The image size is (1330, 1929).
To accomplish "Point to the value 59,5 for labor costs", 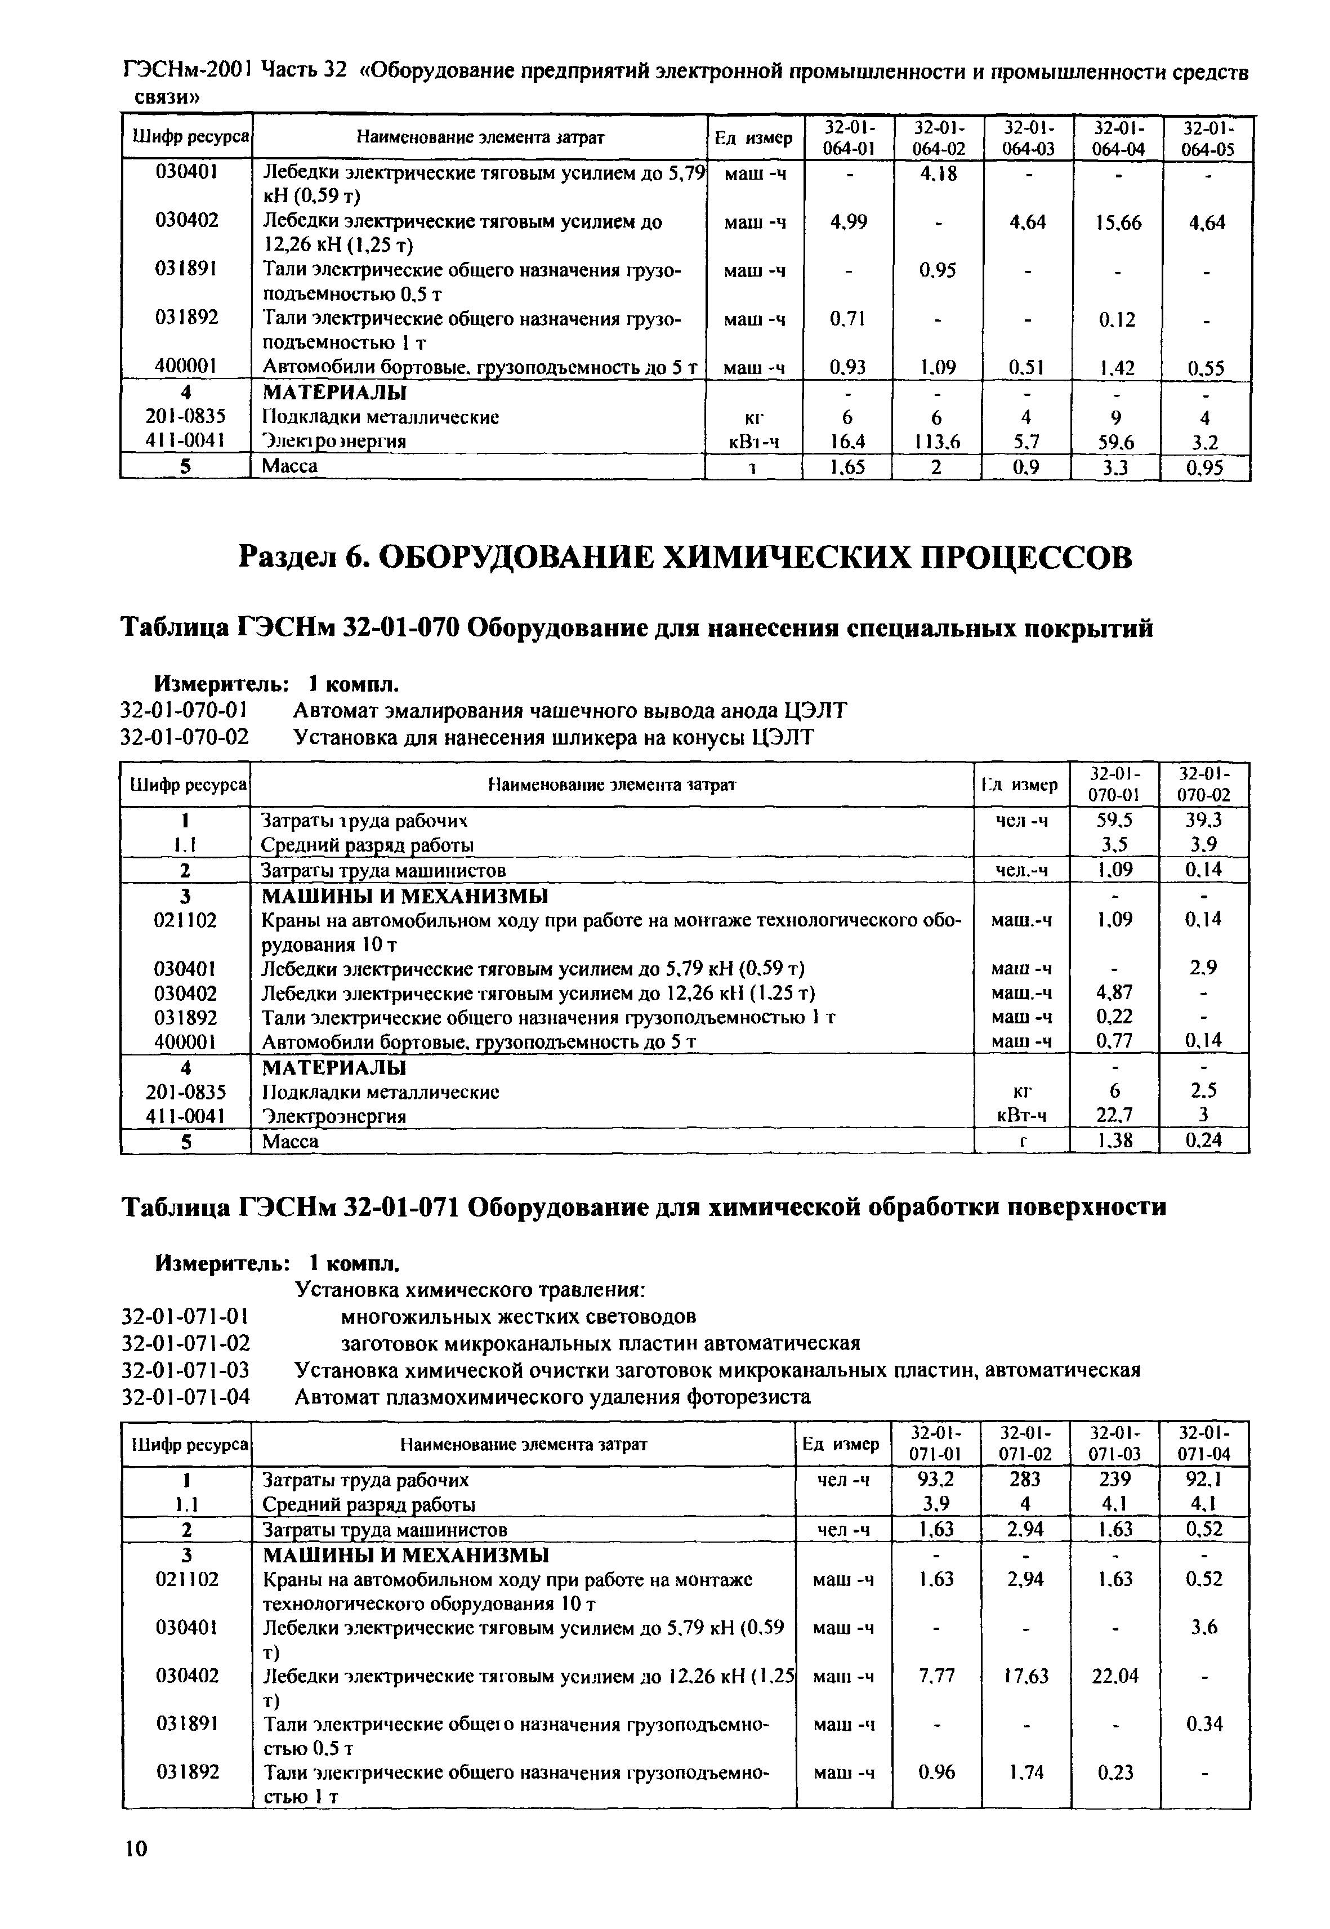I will click(x=1115, y=820).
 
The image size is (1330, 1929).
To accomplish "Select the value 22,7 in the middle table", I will click(x=1114, y=1115).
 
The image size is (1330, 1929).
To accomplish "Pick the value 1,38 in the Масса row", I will click(x=1114, y=1141).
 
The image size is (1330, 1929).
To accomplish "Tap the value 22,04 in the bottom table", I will click(x=1114, y=1675).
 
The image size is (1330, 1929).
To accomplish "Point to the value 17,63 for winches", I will click(x=1025, y=1675).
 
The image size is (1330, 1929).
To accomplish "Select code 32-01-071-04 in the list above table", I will click(x=185, y=1396).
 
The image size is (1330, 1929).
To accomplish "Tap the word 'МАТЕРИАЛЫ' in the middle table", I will click(x=334, y=1067).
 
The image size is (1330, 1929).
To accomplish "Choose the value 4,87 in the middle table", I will click(x=1114, y=993).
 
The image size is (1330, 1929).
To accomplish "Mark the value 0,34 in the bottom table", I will click(x=1203, y=1723).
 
